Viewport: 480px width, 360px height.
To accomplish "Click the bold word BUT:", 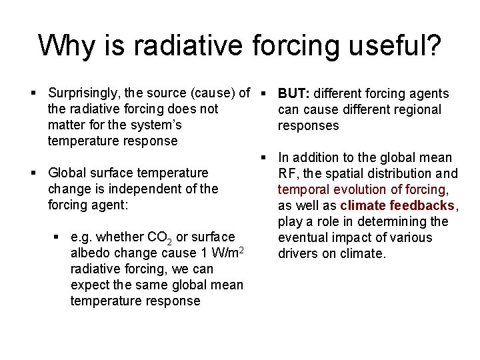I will [x=295, y=93].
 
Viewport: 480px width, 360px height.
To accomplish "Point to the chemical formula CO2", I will [x=159, y=237].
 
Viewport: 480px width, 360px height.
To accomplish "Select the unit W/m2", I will [x=227, y=253].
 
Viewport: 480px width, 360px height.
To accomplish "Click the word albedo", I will [x=87, y=253].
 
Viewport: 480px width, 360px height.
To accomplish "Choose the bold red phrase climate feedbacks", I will [x=397, y=206].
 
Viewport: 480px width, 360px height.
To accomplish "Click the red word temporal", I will [x=301, y=190].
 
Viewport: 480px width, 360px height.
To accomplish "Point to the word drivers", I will [x=297, y=254].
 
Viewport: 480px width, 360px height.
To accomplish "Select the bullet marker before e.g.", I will [x=55, y=237].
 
